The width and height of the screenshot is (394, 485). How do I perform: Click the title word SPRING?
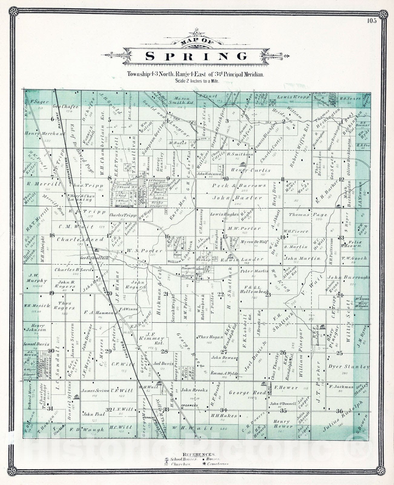pos(197,56)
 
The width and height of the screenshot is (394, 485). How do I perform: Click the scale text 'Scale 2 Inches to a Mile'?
pos(196,81)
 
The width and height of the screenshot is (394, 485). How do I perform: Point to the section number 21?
pos(166,293)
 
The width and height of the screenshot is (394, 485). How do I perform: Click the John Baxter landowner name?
pos(237,198)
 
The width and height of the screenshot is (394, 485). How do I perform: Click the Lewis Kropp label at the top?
pos(293,97)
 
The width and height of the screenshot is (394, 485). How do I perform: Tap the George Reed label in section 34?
pos(243,393)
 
